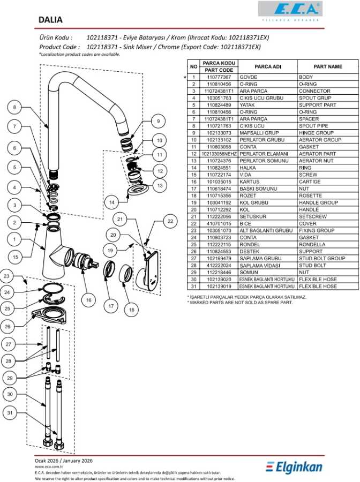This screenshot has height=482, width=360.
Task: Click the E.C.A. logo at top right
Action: coord(290,9)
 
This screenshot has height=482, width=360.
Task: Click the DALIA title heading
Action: coord(50,20)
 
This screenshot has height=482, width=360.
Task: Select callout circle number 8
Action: coord(15,107)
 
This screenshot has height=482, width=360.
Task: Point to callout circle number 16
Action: coord(89,299)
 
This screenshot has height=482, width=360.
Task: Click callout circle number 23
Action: coord(6,276)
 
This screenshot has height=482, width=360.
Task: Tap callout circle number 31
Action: coord(10,413)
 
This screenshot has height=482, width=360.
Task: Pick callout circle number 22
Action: coord(170,221)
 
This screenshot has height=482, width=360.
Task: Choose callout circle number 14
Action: coord(111,203)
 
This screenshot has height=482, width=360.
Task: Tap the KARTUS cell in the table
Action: coord(250,182)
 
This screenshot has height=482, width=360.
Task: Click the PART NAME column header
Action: coord(327,67)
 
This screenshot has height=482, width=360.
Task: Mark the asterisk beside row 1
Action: coord(185,77)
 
